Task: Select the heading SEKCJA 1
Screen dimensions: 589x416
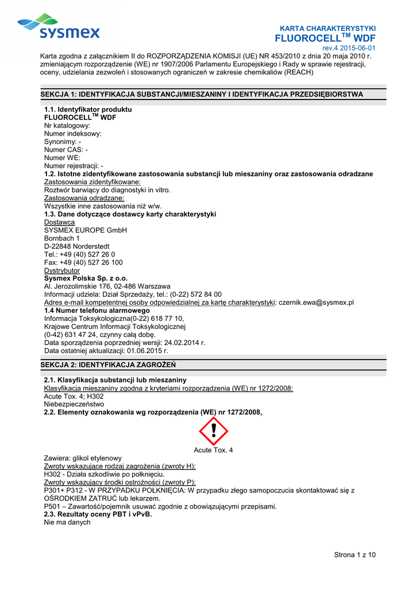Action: [x=201, y=94]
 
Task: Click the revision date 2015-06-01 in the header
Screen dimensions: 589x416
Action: [x=357, y=48]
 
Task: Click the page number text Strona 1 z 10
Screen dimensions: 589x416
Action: [x=355, y=554]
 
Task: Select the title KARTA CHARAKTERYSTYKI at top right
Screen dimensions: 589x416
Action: [x=328, y=28]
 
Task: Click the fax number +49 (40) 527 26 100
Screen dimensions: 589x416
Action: [x=91, y=262]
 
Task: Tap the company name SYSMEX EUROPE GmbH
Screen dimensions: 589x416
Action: [x=85, y=230]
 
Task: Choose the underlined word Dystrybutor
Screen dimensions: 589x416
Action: [x=62, y=270]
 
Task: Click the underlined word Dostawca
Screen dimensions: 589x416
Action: [x=59, y=222]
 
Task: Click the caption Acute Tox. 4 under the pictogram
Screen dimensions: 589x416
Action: [x=213, y=449]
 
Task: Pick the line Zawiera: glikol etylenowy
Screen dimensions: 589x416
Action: [x=83, y=458]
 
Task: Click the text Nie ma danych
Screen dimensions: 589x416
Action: [x=67, y=522]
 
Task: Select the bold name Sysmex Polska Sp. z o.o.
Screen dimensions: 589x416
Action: [x=86, y=278]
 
